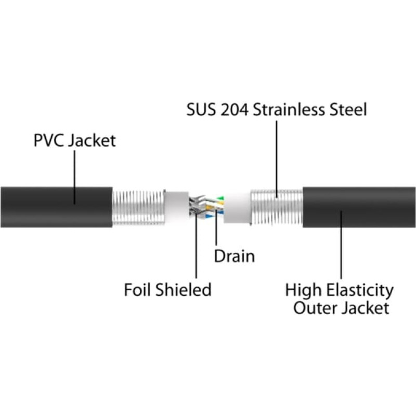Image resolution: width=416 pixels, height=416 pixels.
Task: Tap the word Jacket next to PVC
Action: point(92,140)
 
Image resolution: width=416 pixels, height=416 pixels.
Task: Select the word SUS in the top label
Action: point(201,109)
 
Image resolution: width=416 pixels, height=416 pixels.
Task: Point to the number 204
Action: point(235,110)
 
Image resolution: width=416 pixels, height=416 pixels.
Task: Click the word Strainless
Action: point(289,109)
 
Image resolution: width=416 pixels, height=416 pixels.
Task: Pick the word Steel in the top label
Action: point(348,109)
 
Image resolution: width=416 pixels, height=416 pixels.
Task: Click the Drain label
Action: point(235,256)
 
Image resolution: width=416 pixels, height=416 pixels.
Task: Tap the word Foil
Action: point(138,290)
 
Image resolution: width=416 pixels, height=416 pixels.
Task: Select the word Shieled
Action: point(184,290)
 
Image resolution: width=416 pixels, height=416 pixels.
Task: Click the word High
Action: point(304,291)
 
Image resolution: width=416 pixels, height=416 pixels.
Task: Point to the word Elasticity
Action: point(360,291)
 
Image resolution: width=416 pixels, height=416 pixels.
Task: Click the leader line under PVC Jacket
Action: point(74,177)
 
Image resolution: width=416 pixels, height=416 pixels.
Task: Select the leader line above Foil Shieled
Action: point(197,246)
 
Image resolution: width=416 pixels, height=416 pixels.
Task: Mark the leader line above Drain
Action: point(216,228)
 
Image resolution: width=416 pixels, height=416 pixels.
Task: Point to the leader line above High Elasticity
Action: point(341,245)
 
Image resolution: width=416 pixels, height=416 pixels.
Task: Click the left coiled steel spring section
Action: point(138,207)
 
